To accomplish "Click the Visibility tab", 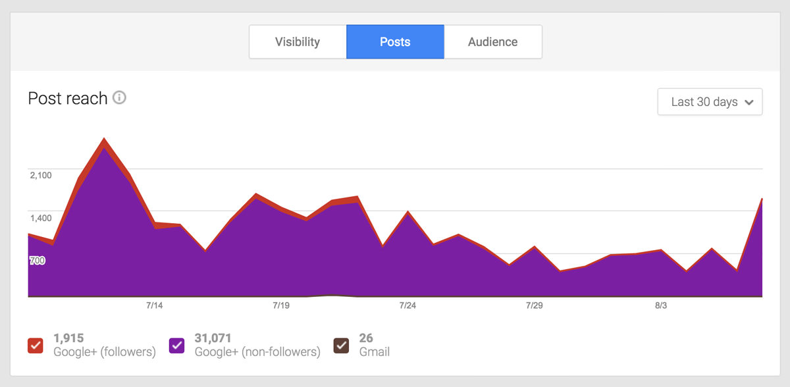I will (298, 42).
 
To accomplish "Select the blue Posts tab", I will (395, 42).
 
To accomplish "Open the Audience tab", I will (492, 42).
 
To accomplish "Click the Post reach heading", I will (68, 99).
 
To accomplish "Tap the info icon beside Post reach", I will (119, 98).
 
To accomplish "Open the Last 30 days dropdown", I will (710, 102).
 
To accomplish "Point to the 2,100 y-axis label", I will (41, 175).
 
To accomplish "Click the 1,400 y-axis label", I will (41, 218).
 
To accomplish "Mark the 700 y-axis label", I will (37, 261).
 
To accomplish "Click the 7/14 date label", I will (154, 305).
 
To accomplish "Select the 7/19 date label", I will (280, 305).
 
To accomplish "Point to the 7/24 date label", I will (408, 305).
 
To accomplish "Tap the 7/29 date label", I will (534, 305).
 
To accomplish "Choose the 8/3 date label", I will (660, 305).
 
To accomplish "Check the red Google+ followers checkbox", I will (36, 345).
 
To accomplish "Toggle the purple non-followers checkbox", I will (177, 345).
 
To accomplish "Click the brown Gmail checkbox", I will (341, 345).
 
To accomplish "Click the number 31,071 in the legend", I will (213, 338).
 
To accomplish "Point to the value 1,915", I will (68, 338).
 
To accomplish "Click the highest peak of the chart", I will (104, 140).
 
